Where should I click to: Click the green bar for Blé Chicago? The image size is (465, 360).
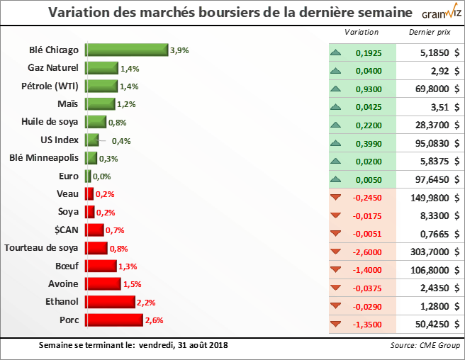(127, 50)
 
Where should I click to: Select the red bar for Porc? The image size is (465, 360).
(113, 320)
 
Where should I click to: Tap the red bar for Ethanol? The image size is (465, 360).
(110, 302)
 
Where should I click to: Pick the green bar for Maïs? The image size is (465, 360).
(100, 104)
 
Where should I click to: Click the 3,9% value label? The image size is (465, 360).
(180, 50)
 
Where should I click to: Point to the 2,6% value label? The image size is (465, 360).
(154, 320)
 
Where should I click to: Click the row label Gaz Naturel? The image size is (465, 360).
(52, 68)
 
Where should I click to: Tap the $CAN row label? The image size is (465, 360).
(66, 230)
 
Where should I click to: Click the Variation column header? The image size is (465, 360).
(362, 33)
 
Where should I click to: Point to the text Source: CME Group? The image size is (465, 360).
(424, 346)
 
